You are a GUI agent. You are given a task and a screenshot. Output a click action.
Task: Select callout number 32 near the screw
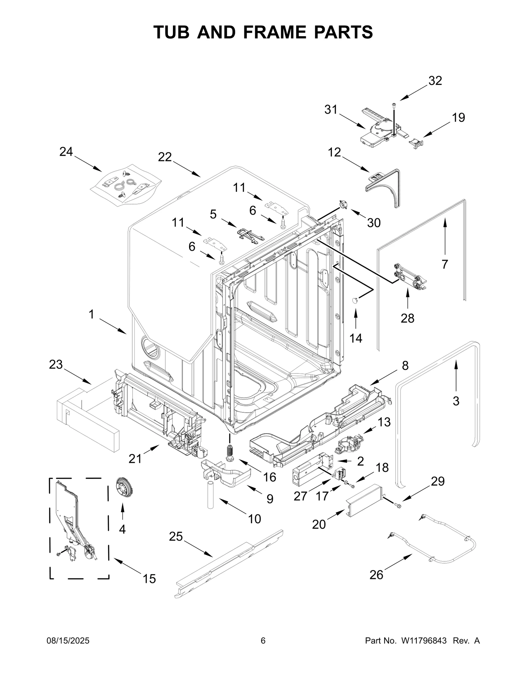pyautogui.click(x=435, y=81)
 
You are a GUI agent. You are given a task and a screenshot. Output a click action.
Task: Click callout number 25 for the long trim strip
pyautogui.click(x=176, y=537)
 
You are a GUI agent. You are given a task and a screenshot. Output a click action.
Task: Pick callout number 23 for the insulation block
pyautogui.click(x=56, y=364)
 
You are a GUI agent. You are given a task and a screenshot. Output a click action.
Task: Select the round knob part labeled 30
pyautogui.click(x=343, y=205)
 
